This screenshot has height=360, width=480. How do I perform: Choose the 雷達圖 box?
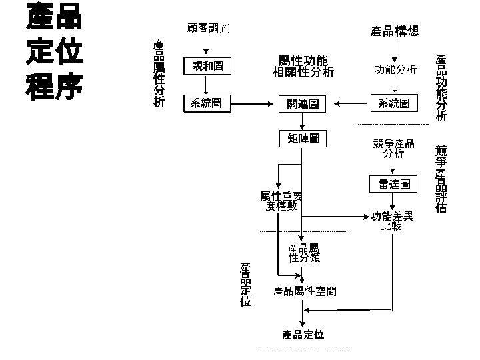pyautogui.click(x=394, y=183)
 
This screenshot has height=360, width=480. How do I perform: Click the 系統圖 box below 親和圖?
pyautogui.click(x=207, y=103)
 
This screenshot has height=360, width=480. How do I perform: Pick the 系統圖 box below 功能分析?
pyautogui.click(x=394, y=103)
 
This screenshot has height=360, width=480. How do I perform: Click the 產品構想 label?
pyautogui.click(x=395, y=31)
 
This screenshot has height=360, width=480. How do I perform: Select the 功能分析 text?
pyautogui.click(x=395, y=69)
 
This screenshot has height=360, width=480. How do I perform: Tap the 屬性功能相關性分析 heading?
pyautogui.click(x=303, y=66)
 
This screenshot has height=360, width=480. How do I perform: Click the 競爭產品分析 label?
pyautogui.click(x=393, y=148)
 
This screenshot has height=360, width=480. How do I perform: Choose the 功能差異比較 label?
pyautogui.click(x=393, y=221)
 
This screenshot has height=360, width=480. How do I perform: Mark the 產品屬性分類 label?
pyautogui.click(x=304, y=253)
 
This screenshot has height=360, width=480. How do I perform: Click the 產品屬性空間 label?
pyautogui.click(x=305, y=291)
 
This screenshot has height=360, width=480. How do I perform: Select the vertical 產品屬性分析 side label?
pyautogui.click(x=159, y=73)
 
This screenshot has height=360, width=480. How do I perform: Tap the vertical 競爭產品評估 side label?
pyautogui.click(x=441, y=179)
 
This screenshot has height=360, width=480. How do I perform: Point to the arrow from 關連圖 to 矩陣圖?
pyautogui.click(x=303, y=121)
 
